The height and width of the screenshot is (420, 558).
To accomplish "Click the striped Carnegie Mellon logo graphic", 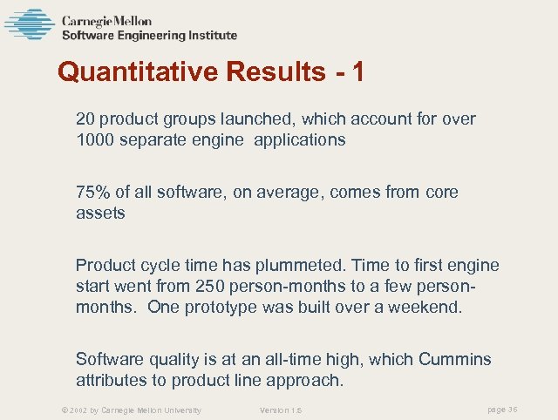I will (29, 24).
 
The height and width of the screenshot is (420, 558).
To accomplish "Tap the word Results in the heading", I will (273, 72).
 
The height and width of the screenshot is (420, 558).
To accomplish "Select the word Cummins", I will (454, 359).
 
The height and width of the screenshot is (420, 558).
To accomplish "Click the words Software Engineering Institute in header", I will (149, 36).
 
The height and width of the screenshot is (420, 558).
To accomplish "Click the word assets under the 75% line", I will (100, 213).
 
